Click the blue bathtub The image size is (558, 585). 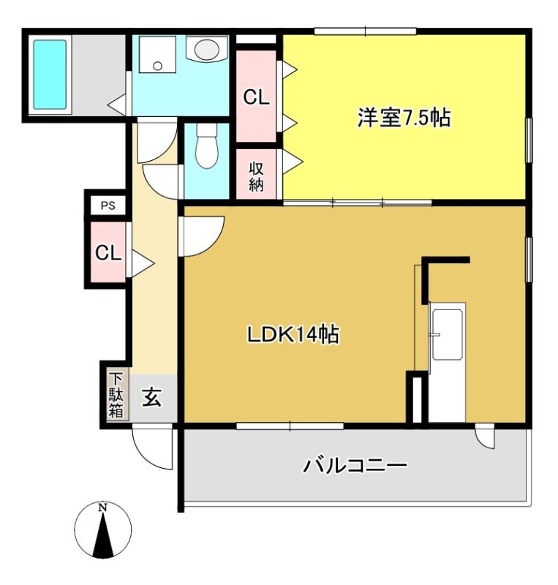(x=50, y=75)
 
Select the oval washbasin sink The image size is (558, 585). (x=206, y=49)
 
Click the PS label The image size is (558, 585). (x=108, y=206)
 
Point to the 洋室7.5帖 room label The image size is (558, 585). (x=404, y=118)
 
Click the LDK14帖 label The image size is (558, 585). (x=293, y=334)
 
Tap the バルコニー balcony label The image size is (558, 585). (x=355, y=466)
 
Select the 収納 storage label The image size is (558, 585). (x=256, y=177)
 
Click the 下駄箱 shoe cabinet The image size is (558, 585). (x=117, y=395)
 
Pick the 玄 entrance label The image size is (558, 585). (x=152, y=397)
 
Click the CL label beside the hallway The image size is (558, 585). (x=108, y=253)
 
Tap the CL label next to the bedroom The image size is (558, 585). (x=256, y=98)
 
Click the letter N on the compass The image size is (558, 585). (x=102, y=507)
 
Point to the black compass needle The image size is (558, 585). (x=102, y=537)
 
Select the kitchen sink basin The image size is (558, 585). (x=447, y=334)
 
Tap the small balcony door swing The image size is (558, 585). (x=484, y=436)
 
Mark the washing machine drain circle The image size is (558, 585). (x=157, y=66)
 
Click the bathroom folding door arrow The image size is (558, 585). (x=117, y=104)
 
